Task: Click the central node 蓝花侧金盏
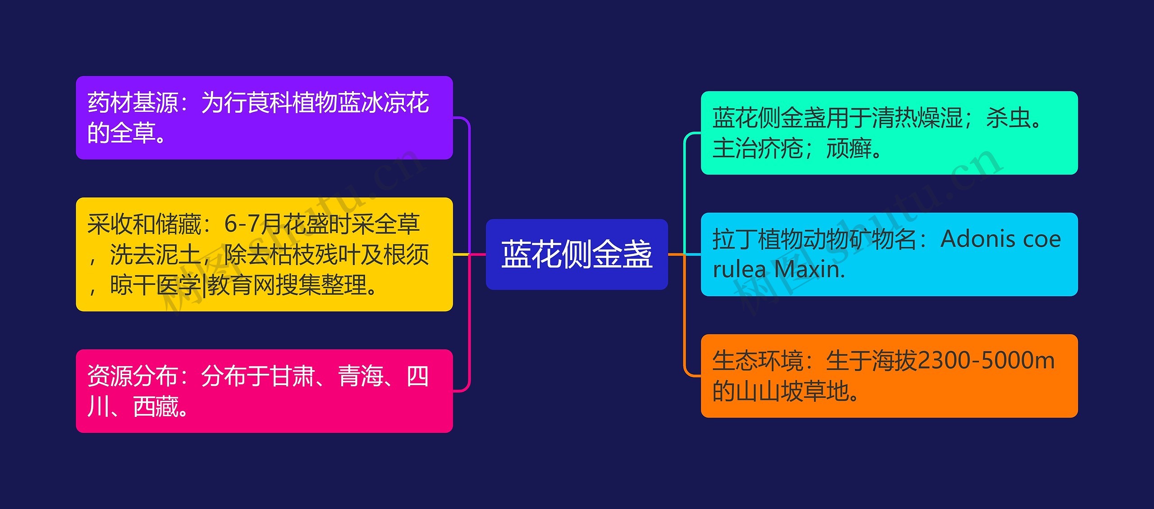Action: (577, 254)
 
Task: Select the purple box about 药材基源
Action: (264, 118)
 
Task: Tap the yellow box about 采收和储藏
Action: (264, 254)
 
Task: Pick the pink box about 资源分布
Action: (264, 391)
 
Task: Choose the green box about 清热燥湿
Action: (889, 133)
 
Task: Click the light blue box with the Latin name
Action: (889, 254)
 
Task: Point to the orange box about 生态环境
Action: (889, 376)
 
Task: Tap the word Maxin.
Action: (810, 270)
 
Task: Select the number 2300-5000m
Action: (986, 361)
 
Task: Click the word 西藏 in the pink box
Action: (156, 407)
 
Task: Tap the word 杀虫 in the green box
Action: (1008, 118)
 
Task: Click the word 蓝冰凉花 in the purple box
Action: (383, 103)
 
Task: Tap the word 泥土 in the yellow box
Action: (178, 255)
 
